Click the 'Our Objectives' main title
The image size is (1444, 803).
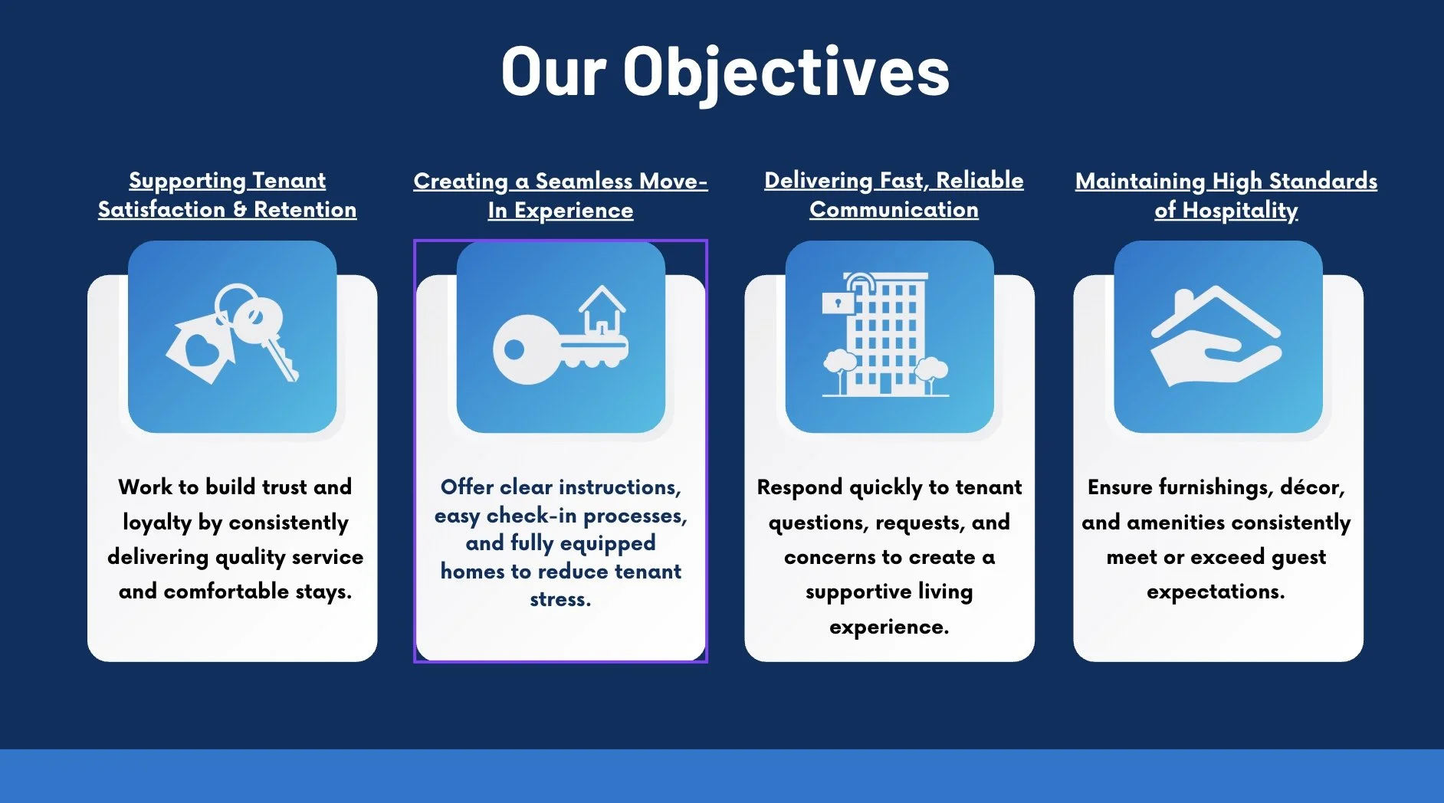[725, 71]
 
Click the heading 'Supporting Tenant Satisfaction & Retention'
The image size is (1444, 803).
[227, 195]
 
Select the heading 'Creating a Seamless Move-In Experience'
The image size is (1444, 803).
[560, 195]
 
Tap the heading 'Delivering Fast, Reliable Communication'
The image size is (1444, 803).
[894, 195]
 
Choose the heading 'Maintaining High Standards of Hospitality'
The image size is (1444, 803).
[1226, 195]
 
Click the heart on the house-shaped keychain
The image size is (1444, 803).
[202, 352]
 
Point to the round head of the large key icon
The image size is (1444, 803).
[523, 350]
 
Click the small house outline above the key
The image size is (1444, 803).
[602, 311]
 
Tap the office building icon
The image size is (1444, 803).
[886, 335]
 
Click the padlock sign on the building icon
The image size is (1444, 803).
[838, 303]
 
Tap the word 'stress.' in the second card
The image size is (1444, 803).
[560, 599]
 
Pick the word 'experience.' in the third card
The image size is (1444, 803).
[889, 627]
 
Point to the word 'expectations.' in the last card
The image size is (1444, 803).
[1216, 592]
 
